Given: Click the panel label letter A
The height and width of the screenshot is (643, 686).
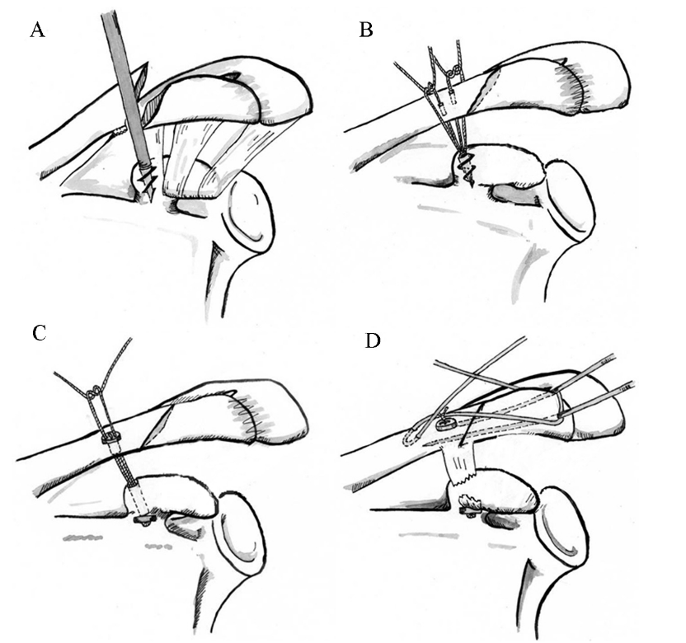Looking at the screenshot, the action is [37, 31].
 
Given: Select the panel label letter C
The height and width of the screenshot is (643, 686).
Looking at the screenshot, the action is [38, 334].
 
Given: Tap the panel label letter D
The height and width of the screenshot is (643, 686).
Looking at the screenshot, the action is [373, 340].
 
